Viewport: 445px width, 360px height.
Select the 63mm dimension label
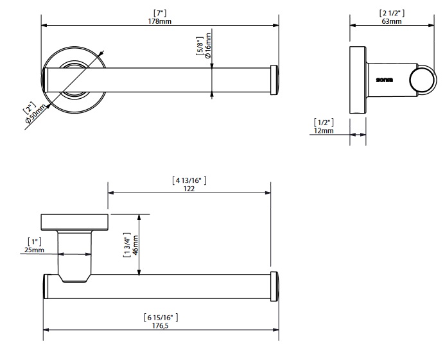click(x=391, y=21)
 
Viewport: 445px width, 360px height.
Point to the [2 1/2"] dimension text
click(x=391, y=13)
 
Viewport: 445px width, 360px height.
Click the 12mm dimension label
click(x=324, y=130)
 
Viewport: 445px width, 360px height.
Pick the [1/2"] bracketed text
click(x=324, y=122)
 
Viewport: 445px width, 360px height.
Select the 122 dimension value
click(x=188, y=189)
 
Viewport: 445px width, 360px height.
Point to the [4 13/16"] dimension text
click(x=188, y=180)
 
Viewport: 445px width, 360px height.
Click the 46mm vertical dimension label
click(x=135, y=246)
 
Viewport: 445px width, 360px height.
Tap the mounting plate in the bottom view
click(x=73, y=221)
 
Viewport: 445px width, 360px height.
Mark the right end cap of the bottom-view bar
click(x=275, y=286)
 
